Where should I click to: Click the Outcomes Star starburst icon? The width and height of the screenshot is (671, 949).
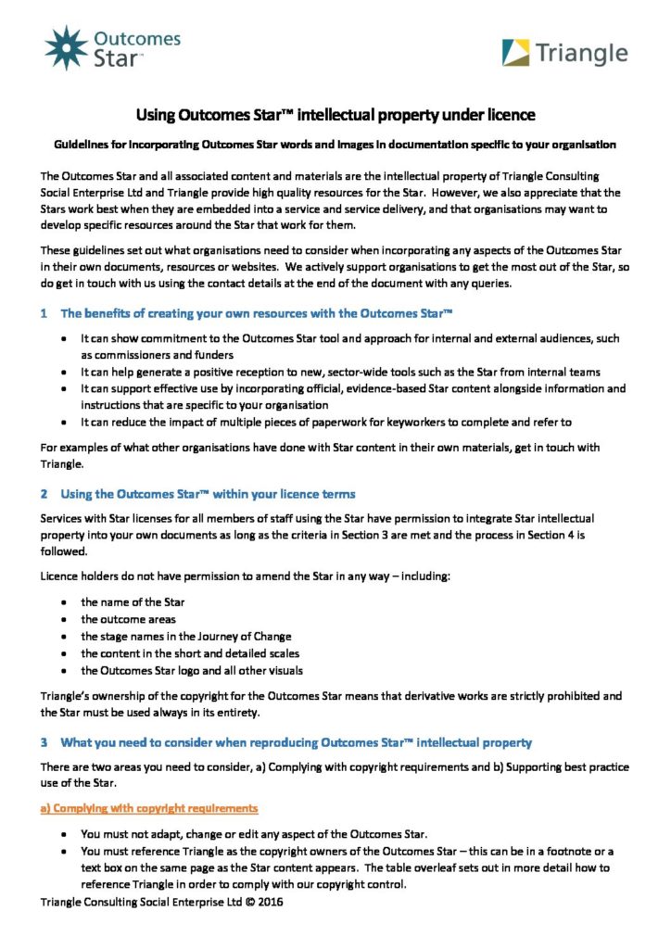(67, 48)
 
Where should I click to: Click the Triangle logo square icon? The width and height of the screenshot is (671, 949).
(517, 52)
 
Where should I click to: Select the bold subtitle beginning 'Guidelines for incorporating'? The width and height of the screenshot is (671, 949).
(335, 145)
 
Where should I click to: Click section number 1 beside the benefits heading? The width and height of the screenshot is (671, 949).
(44, 313)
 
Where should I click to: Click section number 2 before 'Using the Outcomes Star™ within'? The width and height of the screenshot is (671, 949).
(44, 493)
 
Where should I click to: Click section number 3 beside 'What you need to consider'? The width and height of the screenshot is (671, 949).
(44, 742)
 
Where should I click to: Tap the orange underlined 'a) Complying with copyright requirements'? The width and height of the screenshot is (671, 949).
(149, 808)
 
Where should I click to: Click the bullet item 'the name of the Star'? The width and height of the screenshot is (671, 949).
(133, 601)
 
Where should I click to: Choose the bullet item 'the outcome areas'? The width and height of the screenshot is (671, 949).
(128, 619)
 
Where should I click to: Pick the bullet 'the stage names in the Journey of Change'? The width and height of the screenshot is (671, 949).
(185, 636)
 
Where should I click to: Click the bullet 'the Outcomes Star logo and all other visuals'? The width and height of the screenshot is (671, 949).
(192, 670)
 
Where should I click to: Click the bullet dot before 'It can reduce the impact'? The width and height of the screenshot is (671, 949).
(62, 422)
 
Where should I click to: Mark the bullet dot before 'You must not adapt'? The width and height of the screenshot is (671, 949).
(62, 833)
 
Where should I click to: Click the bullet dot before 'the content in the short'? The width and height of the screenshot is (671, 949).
(62, 653)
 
